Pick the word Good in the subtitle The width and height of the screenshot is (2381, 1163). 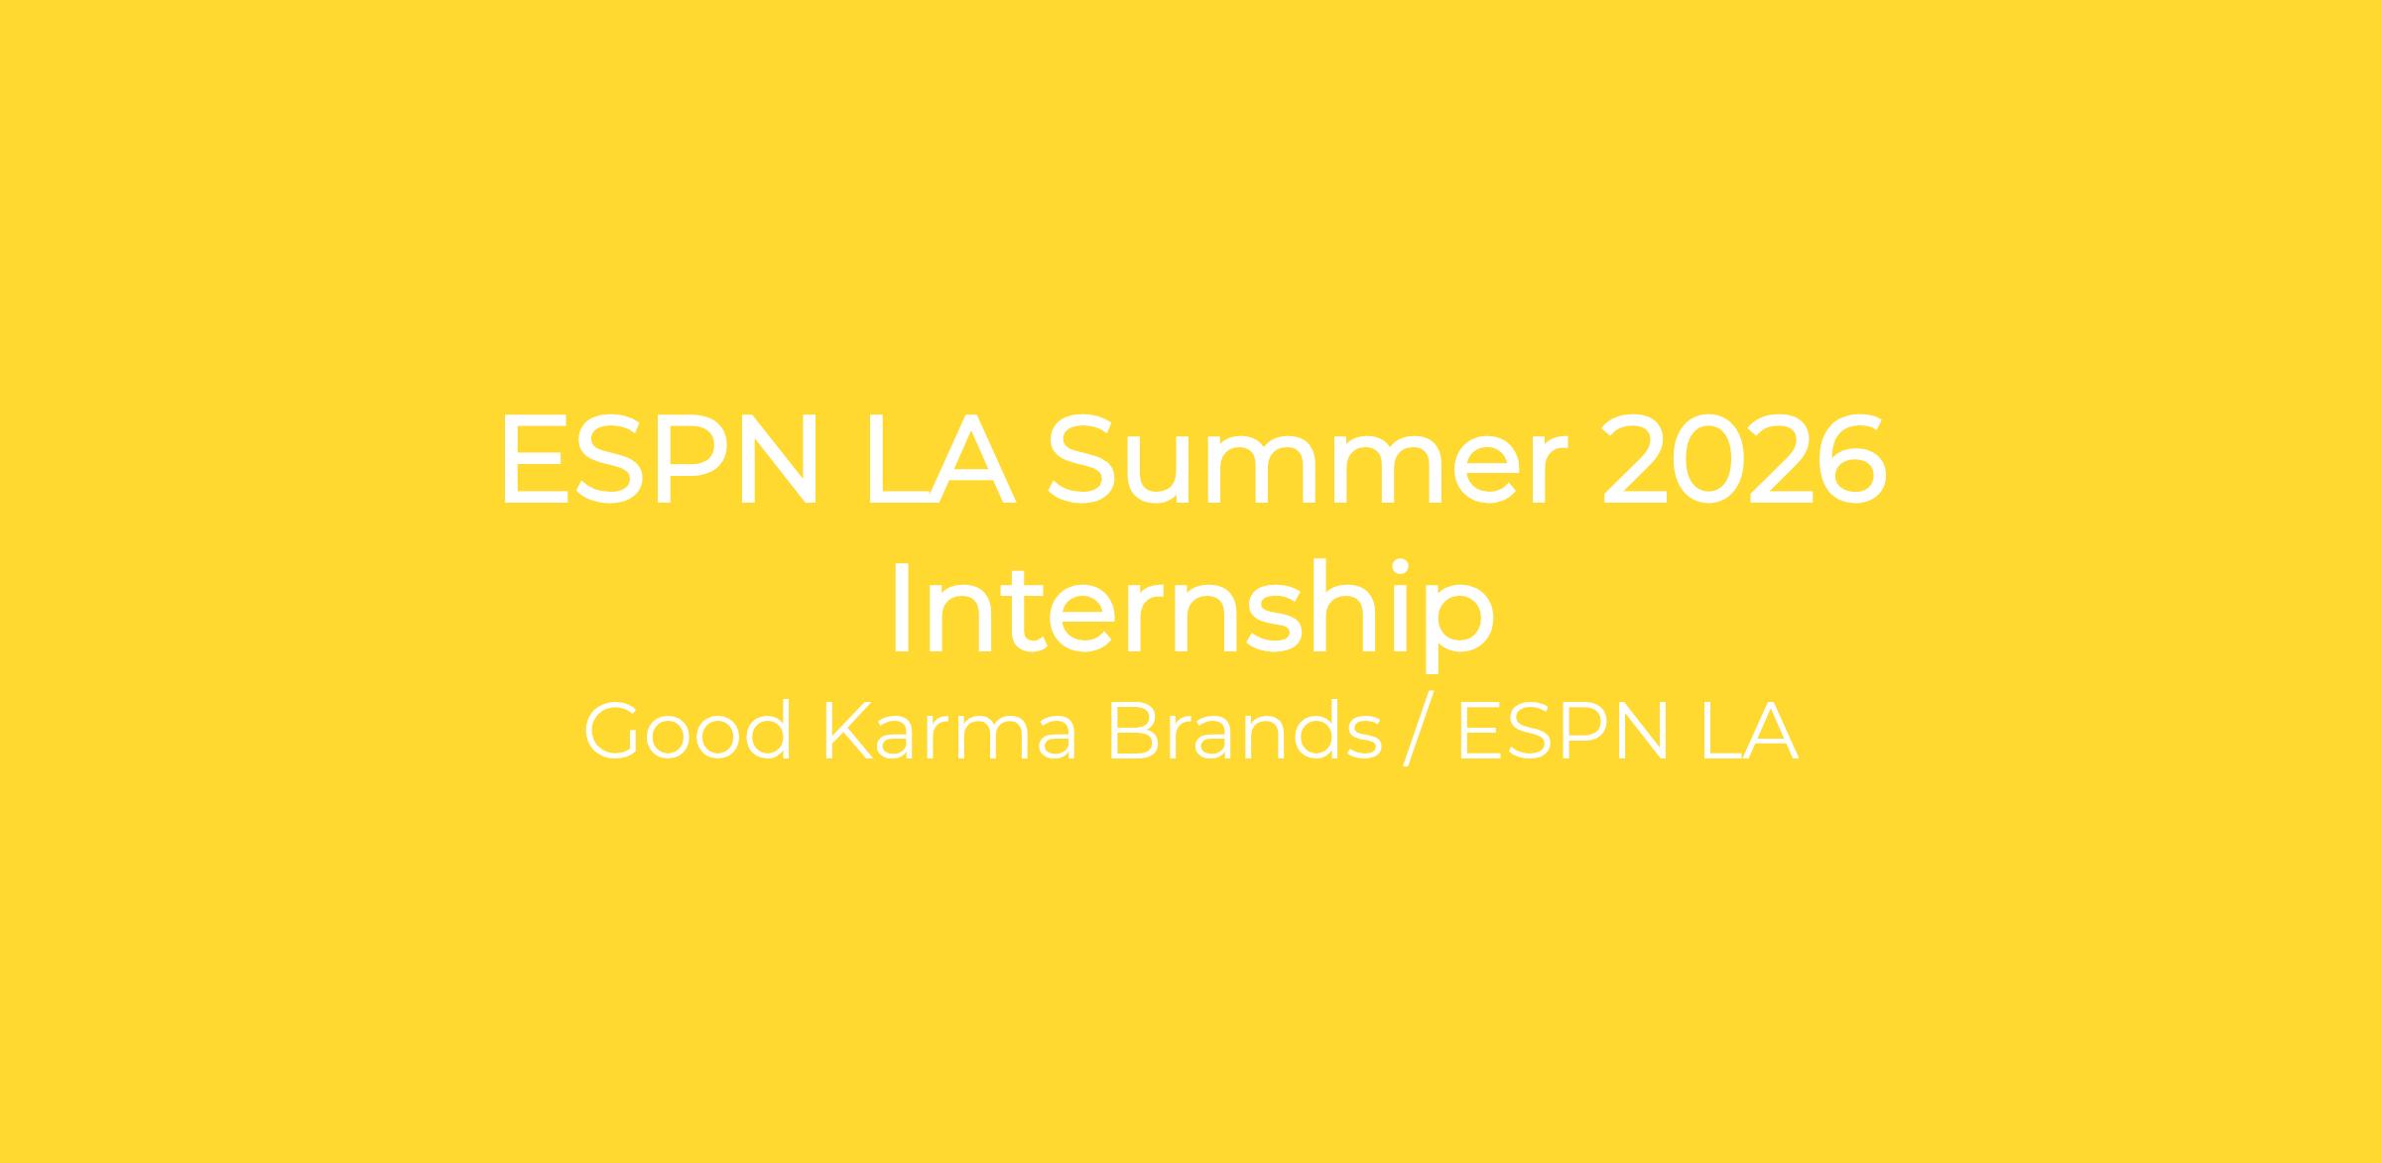(688, 732)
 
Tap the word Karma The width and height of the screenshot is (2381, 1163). (950, 732)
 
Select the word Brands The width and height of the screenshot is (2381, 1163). (1245, 732)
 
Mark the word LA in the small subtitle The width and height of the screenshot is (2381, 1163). (1749, 732)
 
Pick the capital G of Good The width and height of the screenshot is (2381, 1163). (618, 732)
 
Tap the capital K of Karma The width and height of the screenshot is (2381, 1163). (850, 732)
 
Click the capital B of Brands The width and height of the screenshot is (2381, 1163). (1133, 732)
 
